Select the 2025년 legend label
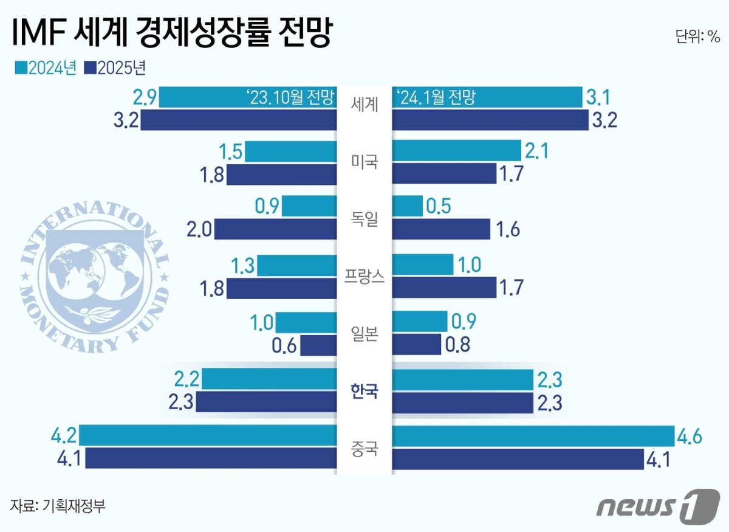tap(122, 67)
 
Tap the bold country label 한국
tap(364, 391)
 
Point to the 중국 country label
tap(364, 449)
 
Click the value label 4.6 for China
tap(690, 437)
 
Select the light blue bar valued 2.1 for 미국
tap(456, 151)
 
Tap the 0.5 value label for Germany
tap(438, 206)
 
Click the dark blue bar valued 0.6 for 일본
tap(318, 346)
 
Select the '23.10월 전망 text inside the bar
tap(291, 97)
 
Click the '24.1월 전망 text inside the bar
tap(435, 97)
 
